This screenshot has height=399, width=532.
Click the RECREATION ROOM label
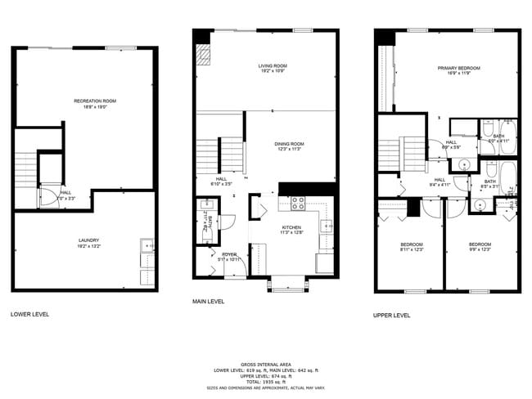95,101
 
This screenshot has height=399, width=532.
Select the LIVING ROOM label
273,65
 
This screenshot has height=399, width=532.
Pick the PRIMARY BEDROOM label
458,68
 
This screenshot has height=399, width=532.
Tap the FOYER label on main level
229,254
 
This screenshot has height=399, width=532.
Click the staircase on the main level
231,154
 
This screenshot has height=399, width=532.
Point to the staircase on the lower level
26,168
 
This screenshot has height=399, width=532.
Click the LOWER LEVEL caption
29,314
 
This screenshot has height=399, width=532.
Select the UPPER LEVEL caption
393,315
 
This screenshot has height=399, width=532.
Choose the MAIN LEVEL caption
208,301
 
